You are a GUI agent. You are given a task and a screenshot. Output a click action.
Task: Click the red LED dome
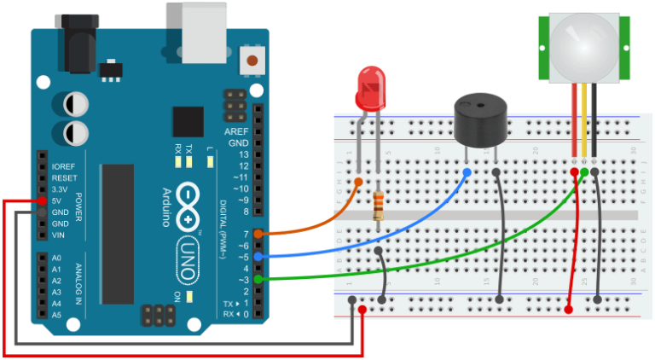370,90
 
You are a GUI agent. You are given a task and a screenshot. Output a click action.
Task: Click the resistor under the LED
378,206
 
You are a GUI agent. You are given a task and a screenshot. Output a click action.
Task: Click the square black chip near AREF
188,122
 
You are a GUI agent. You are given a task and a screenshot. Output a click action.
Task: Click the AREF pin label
236,132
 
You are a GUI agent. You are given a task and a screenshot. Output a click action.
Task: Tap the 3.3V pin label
59,189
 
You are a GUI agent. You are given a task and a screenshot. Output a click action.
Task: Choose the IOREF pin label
63,166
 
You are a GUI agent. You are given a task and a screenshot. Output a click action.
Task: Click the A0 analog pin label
56,258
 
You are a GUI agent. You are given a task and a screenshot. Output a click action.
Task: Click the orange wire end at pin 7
258,233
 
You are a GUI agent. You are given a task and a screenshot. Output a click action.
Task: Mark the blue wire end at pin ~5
258,256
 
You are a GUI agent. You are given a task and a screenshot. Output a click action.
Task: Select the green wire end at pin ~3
258,279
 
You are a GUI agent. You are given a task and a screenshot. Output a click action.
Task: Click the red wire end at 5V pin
40,200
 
